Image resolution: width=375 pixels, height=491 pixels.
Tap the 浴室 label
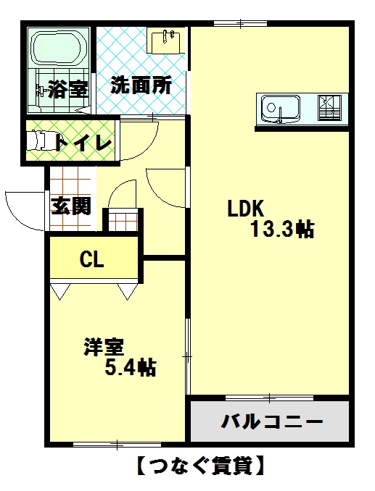tap(68, 89)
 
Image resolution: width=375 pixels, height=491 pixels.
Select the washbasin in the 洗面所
tap(166, 41)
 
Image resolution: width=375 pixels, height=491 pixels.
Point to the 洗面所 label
tap(141, 85)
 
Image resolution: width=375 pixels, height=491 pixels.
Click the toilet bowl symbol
tap(37, 140)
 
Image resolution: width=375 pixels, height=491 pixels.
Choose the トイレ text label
tap(83, 143)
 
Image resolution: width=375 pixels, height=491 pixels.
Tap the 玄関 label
tap(71, 206)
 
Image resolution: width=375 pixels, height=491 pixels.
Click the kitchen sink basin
tap(281, 109)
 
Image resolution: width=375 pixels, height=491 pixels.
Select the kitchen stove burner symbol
tap(329, 107)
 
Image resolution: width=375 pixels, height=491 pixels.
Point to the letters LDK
tap(245, 209)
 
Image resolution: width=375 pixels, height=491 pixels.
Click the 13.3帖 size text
tap(282, 230)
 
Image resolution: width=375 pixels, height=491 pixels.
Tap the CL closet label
tap(92, 259)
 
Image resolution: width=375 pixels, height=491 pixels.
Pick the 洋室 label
tap(104, 347)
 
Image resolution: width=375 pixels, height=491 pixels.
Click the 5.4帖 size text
tap(131, 367)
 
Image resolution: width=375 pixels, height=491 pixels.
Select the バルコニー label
tap(272, 421)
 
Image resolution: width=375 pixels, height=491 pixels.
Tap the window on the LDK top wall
tap(241, 23)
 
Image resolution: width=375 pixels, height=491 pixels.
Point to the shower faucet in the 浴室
tap(41, 91)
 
